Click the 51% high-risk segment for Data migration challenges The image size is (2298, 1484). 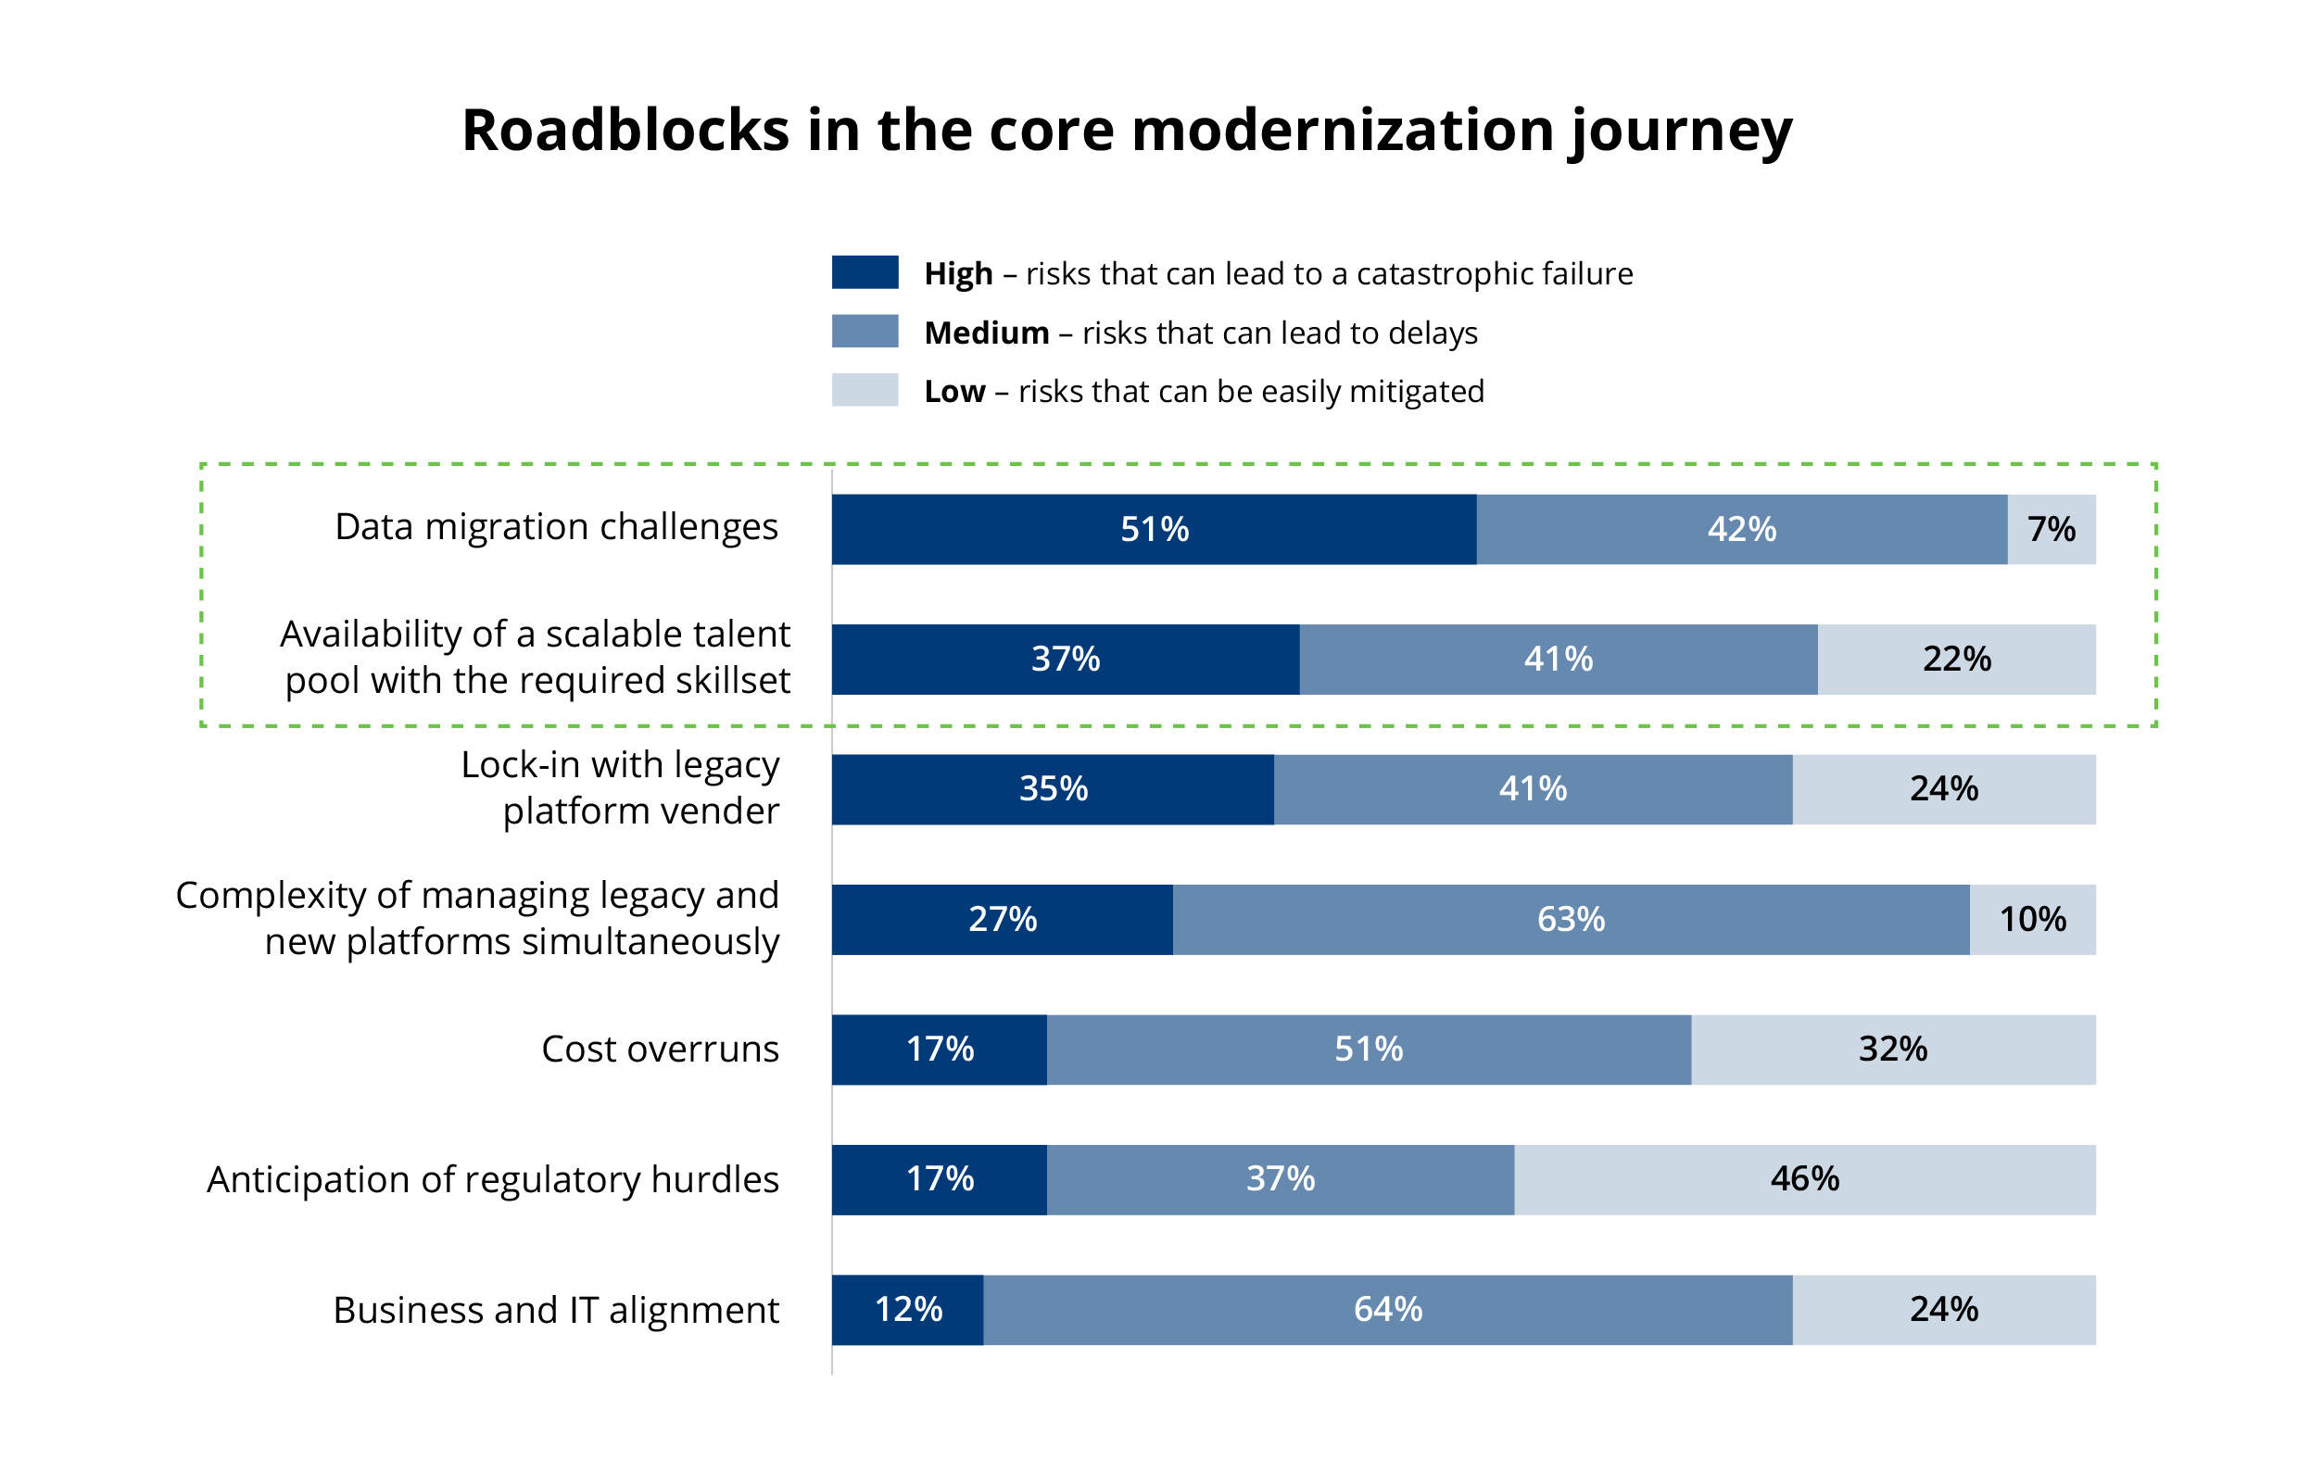[1153, 529]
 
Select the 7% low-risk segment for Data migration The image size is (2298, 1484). [2051, 529]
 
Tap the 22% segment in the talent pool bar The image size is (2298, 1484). [1955, 660]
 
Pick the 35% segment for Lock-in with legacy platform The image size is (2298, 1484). [1052, 789]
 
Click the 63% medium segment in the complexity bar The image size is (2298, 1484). [1571, 919]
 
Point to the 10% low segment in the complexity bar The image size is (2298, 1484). [2032, 919]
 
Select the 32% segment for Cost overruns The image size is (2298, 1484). [1892, 1050]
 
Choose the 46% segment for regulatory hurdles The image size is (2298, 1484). [1803, 1179]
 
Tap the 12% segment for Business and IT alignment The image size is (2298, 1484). [907, 1310]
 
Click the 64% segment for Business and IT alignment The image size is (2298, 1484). [1387, 1310]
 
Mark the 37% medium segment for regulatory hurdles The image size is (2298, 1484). [1279, 1179]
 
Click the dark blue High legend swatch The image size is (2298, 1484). [865, 271]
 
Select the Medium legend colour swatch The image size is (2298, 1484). [865, 331]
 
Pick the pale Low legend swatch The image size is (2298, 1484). [865, 389]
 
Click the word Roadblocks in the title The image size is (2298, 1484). [625, 130]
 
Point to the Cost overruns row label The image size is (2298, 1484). [660, 1050]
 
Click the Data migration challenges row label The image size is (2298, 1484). [556, 527]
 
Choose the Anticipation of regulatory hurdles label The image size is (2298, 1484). [493, 1179]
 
